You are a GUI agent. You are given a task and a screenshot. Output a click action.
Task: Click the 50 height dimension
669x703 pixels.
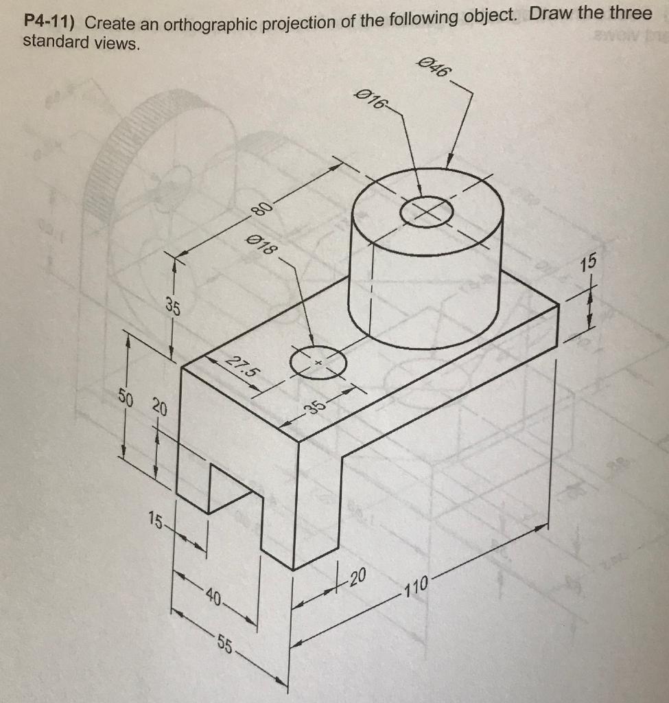[x=124, y=397]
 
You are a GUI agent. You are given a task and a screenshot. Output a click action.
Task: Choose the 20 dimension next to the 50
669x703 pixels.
[x=159, y=407]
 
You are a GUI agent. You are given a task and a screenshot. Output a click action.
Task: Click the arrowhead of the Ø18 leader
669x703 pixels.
[x=312, y=344]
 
